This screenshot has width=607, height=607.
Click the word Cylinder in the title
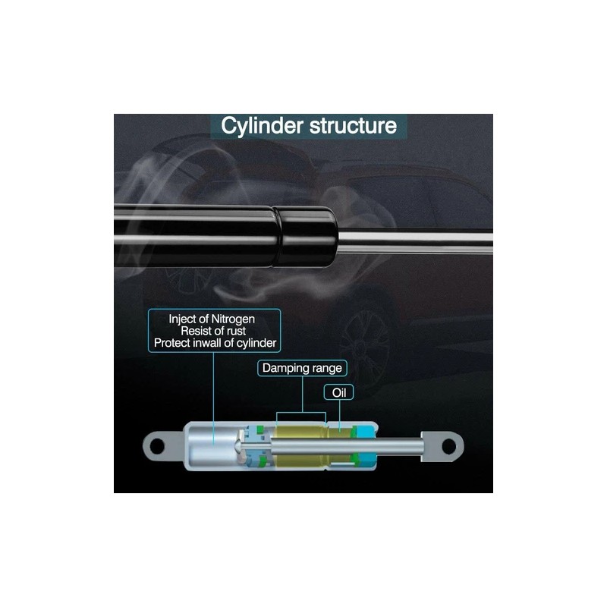[x=262, y=126]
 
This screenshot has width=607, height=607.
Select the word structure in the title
[x=353, y=125]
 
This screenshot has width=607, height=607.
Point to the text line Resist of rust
[x=213, y=331]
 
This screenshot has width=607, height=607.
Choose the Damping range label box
[x=302, y=368]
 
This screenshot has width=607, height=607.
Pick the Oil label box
[x=338, y=392]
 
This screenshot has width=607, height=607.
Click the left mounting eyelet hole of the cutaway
[x=157, y=446]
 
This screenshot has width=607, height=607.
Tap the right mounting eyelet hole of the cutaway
[x=448, y=446]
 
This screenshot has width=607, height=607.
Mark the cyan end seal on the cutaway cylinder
[x=366, y=447]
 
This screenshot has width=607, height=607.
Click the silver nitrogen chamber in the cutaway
[x=212, y=446]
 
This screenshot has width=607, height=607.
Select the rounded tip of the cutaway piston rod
[x=237, y=446]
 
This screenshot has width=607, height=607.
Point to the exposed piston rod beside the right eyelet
[x=400, y=446]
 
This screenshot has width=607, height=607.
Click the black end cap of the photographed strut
[x=307, y=236]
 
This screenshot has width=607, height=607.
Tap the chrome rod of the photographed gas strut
[x=415, y=241]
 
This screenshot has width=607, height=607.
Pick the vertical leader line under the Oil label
[x=339, y=415]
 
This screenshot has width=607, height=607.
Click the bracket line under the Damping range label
[x=301, y=413]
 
